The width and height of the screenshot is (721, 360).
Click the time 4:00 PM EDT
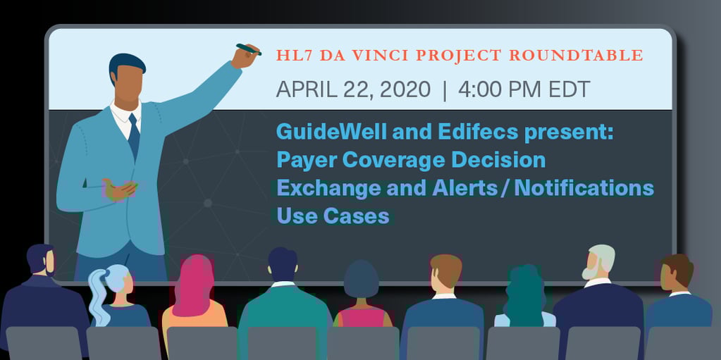[524, 89]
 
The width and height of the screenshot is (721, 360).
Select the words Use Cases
[333, 215]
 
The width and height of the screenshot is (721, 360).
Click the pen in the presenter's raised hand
[248, 49]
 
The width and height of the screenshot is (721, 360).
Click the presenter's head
[128, 78]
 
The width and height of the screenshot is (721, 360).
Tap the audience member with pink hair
[193, 285]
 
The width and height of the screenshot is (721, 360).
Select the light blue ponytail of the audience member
[98, 296]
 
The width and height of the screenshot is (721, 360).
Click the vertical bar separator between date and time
[444, 89]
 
